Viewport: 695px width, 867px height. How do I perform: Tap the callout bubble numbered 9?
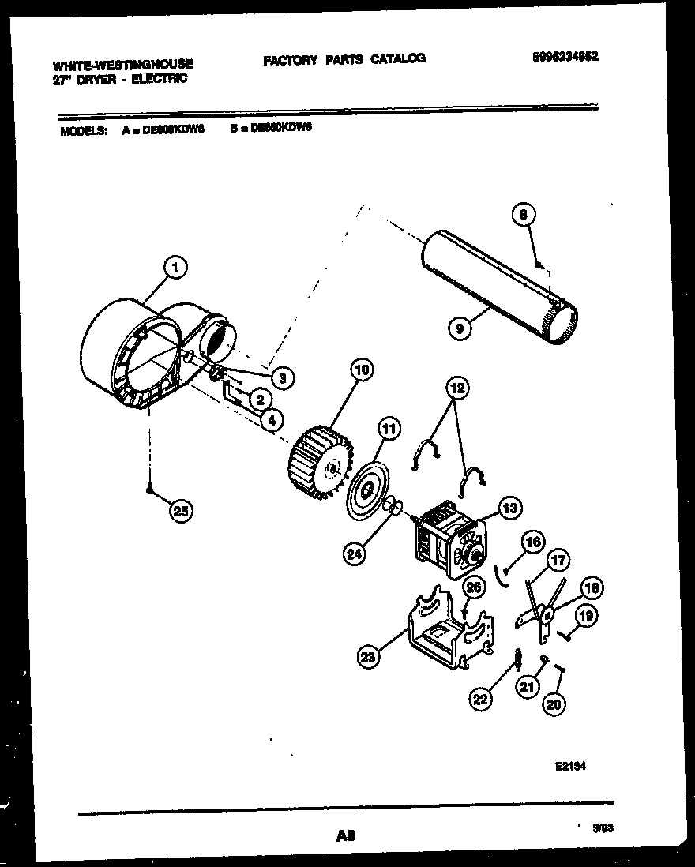[x=459, y=327]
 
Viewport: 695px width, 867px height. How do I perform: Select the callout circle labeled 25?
[x=181, y=512]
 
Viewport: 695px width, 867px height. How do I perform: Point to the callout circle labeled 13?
[x=510, y=508]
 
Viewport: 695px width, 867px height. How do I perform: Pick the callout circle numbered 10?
[x=362, y=370]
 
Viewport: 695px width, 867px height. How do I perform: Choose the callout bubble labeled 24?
[x=355, y=555]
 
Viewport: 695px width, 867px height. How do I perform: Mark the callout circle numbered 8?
[x=524, y=214]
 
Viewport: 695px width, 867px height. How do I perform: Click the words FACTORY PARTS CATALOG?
[x=344, y=58]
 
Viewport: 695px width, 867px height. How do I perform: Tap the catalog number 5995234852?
[x=565, y=56]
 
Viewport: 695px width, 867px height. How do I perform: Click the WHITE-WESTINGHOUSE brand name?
[x=122, y=64]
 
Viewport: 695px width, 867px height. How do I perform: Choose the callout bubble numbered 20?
[x=555, y=706]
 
